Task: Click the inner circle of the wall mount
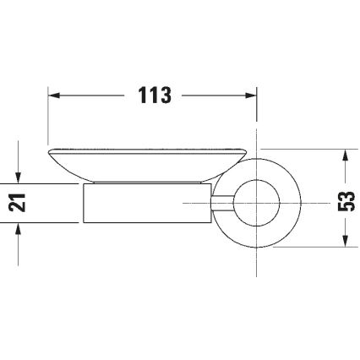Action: tap(254, 203)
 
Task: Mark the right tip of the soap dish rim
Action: tap(247, 153)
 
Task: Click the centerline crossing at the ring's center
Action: tap(254, 203)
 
